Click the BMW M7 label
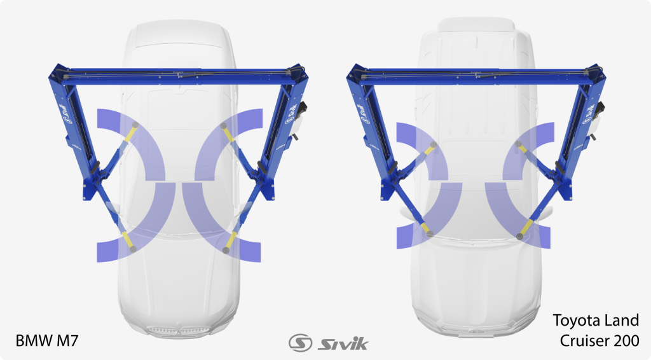coord(47,340)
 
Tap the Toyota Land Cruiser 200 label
coord(596,331)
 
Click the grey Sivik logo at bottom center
coord(329,343)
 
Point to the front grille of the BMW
coord(179,330)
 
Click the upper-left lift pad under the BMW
coord(135,125)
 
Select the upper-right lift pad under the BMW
coord(223,125)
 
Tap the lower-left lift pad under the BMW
coord(133,249)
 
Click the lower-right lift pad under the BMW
coord(226,251)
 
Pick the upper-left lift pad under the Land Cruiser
coord(433,144)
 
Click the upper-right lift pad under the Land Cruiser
coord(518,144)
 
